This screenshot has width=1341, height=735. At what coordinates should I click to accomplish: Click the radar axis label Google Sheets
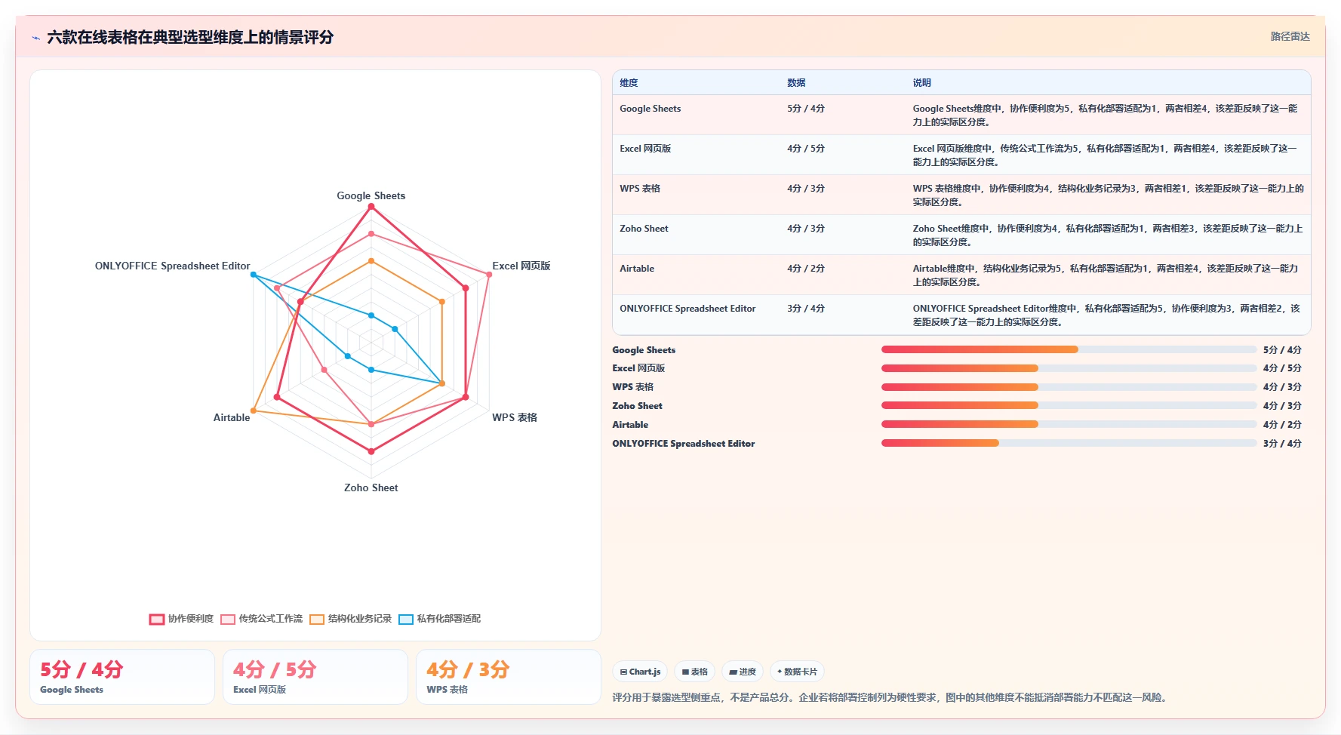point(371,195)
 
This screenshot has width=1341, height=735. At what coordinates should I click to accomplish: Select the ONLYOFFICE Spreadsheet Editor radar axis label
point(172,266)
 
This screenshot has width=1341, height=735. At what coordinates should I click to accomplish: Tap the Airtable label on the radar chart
point(232,417)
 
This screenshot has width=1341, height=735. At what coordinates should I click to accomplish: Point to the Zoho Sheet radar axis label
point(371,487)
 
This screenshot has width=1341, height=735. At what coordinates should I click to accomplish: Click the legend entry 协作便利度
point(182,619)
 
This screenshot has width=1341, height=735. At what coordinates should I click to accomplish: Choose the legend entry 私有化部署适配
point(440,619)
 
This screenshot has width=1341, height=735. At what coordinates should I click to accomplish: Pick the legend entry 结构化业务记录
point(351,619)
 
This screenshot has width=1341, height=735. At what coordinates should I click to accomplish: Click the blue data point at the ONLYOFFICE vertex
point(254,275)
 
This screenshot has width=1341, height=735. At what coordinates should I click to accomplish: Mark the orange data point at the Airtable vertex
point(254,411)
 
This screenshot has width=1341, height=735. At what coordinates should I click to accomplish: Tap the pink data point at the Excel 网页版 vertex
point(489,275)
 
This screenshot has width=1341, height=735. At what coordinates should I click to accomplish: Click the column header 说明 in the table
point(921,83)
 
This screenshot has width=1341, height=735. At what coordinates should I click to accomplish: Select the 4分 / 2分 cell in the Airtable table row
point(806,269)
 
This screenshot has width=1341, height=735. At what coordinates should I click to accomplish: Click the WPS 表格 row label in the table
point(640,189)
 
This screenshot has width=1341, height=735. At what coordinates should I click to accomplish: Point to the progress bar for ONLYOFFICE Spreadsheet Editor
point(1069,443)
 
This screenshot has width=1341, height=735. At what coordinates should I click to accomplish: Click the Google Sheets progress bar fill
point(980,349)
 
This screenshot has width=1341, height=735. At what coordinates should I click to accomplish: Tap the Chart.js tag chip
point(640,672)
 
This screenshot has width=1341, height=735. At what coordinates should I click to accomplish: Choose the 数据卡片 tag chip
point(797,672)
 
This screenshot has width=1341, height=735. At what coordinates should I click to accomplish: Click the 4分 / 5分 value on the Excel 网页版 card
point(275,669)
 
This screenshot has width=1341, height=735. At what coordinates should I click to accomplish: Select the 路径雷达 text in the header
point(1290,36)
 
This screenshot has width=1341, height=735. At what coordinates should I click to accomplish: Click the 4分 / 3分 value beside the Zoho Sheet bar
point(1282,406)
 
